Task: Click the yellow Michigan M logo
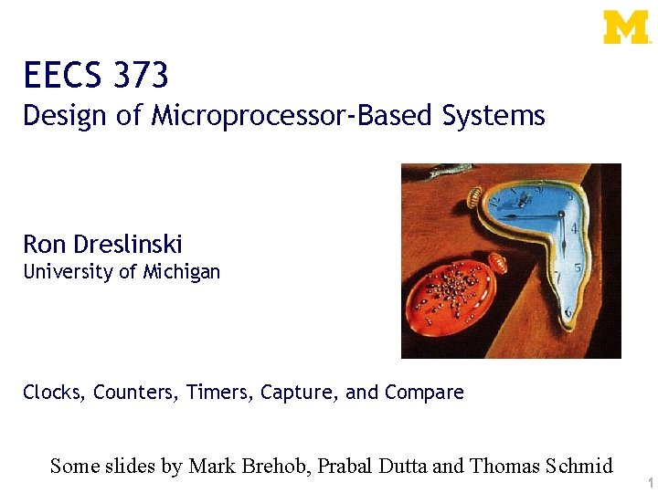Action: (626, 27)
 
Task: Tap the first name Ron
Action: (40, 245)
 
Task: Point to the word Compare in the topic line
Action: (424, 393)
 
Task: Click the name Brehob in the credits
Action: (288, 467)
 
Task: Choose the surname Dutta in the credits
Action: (397, 467)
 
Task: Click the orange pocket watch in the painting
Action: (450, 293)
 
